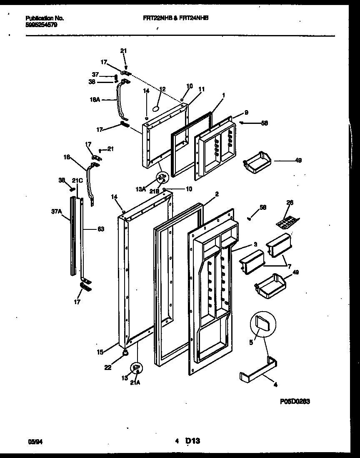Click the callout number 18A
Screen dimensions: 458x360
pos(96,100)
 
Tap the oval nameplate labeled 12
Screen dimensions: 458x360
pos(156,108)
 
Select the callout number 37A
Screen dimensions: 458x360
pos(56,211)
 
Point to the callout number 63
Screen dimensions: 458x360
pos(100,229)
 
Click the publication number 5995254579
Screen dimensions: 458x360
pos(41,25)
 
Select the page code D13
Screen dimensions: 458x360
pos(194,440)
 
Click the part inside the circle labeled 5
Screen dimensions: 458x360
pos(263,324)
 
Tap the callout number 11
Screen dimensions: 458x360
pos(202,89)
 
